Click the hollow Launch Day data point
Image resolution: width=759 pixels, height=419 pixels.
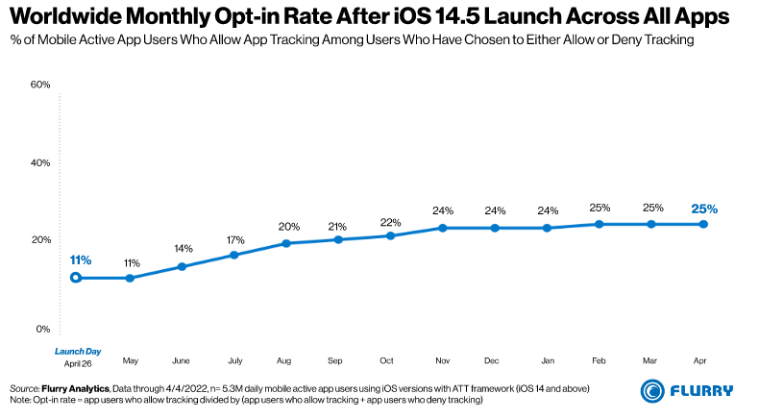coord(77,278)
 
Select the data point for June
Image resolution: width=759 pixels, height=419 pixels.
coord(181,266)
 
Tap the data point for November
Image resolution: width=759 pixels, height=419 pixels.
coord(442,228)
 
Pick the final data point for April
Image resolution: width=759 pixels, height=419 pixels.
coord(703,224)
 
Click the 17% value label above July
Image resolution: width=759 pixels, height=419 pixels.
coord(233,238)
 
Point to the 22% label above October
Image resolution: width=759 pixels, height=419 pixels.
coord(389,222)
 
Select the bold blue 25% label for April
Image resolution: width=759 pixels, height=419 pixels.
coord(703,208)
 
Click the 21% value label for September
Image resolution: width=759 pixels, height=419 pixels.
coord(337,226)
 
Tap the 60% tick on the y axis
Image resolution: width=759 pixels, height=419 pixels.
coord(40,85)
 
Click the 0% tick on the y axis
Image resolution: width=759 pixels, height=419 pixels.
coord(42,329)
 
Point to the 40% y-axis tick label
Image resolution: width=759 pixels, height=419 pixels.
coord(40,162)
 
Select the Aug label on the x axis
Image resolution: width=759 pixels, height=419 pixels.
coord(284,359)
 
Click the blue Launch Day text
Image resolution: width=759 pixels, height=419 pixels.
coord(77,351)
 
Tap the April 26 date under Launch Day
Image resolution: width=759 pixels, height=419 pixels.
coord(77,364)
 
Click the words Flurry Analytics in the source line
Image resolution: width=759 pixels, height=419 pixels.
coord(76,387)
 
